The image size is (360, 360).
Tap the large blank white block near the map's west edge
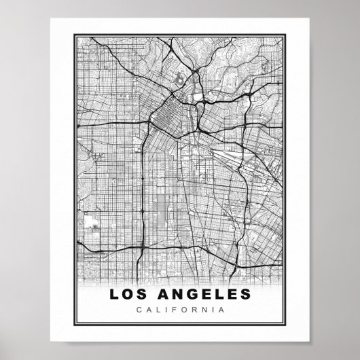92,221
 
